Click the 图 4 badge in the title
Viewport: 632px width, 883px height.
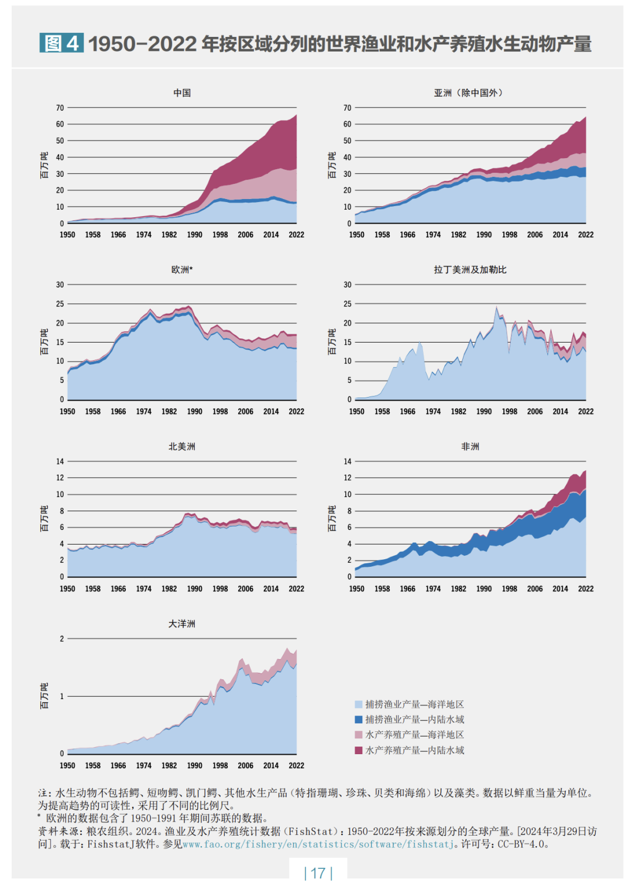tap(61, 43)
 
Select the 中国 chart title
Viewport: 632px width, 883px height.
tap(182, 93)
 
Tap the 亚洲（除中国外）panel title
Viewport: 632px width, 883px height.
tap(469, 93)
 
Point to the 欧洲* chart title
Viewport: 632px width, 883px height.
tap(182, 270)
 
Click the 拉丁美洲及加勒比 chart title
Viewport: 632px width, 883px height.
tap(470, 270)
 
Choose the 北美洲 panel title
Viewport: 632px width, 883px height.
tap(182, 447)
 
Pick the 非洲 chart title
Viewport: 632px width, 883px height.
tap(470, 447)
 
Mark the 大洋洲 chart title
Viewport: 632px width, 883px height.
tap(182, 624)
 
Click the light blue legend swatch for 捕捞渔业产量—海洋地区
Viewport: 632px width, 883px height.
tap(359, 704)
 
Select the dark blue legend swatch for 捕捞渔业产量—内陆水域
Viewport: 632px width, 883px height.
tap(359, 720)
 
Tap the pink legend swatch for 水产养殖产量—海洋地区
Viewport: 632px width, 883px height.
tap(359, 735)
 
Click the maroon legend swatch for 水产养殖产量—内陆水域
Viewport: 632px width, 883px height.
tap(359, 750)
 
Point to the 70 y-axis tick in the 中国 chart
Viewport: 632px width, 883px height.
tap(60, 108)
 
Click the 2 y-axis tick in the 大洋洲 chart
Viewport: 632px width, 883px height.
tap(62, 639)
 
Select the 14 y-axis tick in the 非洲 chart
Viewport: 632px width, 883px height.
tap(348, 461)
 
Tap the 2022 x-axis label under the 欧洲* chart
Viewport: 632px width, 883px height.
tap(296, 412)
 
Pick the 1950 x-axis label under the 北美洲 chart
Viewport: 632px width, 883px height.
tap(67, 589)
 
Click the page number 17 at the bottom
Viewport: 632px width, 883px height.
tap(318, 873)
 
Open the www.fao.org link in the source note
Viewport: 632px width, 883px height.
tap(318, 844)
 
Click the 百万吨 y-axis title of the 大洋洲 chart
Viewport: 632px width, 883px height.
tap(44, 696)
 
